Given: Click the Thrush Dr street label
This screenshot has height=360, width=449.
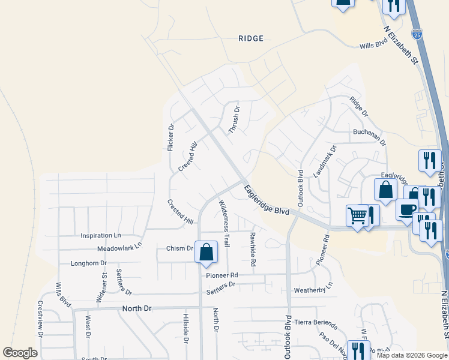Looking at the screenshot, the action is pos(234,120).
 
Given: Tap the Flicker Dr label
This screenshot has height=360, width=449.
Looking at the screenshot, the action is pos(170,137).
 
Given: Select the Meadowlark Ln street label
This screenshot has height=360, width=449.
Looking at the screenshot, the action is pos(119,246).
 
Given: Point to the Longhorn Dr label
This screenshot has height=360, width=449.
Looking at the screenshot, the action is pos(88,263).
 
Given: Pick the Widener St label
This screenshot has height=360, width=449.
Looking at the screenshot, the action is pos(101,287).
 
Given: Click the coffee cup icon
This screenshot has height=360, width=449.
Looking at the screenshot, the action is pos(407,209).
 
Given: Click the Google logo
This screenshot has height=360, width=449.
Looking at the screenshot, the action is pos(20,353).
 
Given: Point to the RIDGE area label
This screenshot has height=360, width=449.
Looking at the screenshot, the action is pos(250,38).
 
